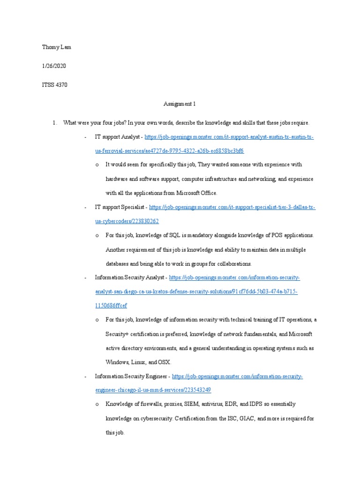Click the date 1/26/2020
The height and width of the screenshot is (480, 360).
click(x=54, y=66)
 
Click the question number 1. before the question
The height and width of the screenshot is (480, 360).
click(x=55, y=123)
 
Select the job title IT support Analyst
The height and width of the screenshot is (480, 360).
click(x=117, y=137)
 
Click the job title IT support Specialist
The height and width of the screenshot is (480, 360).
click(x=120, y=207)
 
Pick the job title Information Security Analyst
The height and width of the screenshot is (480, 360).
click(x=129, y=277)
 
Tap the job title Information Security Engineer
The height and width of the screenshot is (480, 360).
click(x=131, y=376)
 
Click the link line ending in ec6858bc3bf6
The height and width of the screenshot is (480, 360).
click(x=169, y=151)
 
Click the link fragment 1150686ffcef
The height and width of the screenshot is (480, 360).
click(x=111, y=306)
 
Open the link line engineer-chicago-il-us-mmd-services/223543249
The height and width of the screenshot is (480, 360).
click(x=153, y=390)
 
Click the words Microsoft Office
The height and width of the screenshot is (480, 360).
click(x=199, y=193)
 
